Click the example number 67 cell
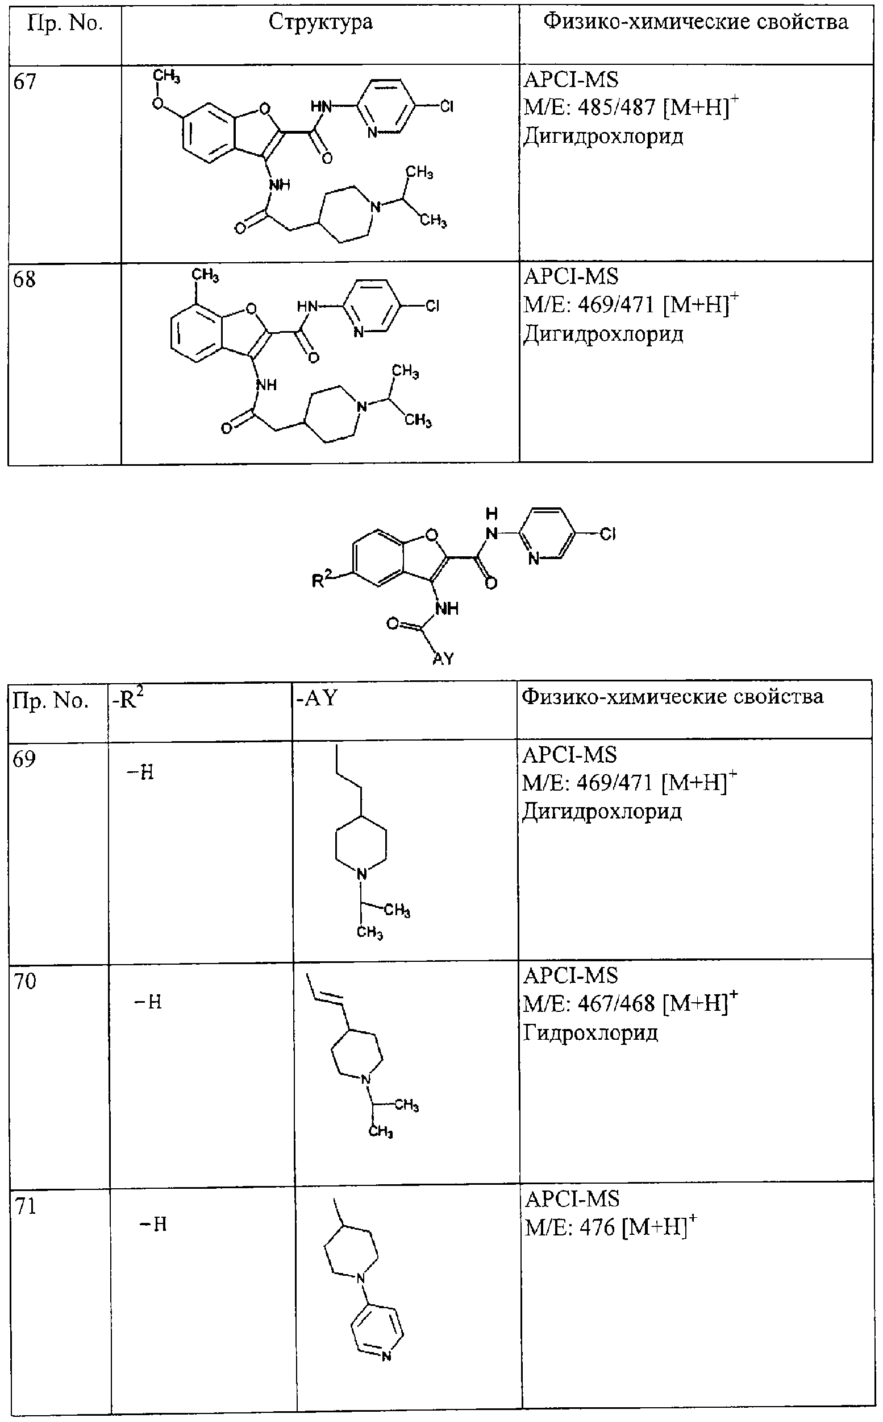pos(24,81)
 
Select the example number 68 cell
pos(24,279)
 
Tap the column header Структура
pos(320,23)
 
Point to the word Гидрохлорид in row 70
pos(590,1033)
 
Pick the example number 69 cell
pos(24,759)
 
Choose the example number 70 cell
pos(24,981)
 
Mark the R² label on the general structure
pos(322,580)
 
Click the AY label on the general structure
pos(443,659)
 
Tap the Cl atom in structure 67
pos(447,107)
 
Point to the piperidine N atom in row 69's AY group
pos(362,874)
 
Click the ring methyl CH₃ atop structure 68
pos(206,275)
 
